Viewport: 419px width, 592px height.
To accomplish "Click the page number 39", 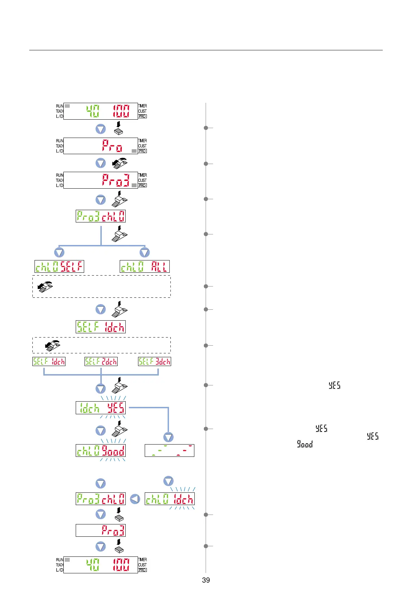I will point(206,580).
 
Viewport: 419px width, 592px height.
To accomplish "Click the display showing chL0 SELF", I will point(59,266).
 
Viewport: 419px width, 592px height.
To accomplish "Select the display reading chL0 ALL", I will point(145,266).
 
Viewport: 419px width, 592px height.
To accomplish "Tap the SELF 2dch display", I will point(101,361).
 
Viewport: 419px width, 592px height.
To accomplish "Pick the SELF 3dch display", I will point(155,361).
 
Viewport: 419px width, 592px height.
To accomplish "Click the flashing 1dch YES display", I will point(101,408).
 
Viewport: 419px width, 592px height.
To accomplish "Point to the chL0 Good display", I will point(101,451).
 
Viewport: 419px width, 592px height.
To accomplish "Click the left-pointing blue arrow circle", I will point(135,499).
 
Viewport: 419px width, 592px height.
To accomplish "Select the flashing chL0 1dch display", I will point(169,499).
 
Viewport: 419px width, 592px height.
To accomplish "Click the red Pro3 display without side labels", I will point(101,530).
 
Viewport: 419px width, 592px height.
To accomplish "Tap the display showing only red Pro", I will point(101,146).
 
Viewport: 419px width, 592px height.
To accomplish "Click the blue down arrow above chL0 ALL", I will point(145,252).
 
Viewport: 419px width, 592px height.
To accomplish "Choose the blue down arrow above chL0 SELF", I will point(59,252).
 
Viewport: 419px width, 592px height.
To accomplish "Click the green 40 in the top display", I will point(93,111).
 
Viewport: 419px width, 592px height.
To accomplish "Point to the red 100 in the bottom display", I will point(121,565).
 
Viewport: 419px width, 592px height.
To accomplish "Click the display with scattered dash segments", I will point(169,451).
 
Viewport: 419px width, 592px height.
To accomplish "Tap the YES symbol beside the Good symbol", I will point(373,436).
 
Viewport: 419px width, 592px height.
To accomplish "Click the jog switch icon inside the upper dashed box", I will point(45,286).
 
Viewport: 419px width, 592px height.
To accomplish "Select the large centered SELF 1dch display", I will point(101,327).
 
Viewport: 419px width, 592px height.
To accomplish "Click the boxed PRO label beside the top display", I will point(143,116).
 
